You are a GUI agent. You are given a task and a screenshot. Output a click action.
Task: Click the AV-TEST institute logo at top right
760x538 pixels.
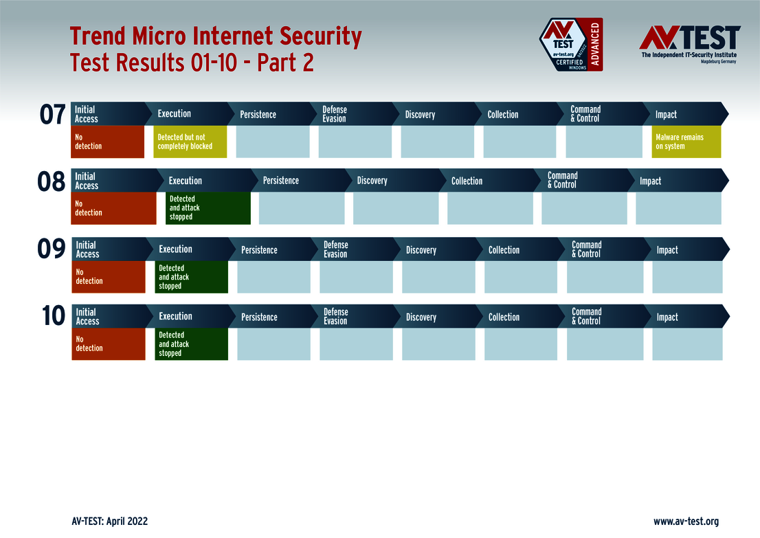coord(689,43)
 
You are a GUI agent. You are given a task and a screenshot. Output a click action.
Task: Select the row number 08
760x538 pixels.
coord(51,182)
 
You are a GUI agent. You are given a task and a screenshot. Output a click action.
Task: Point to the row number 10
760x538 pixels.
coord(53,317)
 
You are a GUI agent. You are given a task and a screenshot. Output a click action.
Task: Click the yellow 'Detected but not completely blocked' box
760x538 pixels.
coord(190,142)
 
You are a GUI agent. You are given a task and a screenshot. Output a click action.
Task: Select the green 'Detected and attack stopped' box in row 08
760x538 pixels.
coord(208,208)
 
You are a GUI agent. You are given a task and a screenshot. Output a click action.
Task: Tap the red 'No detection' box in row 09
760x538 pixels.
coord(109,277)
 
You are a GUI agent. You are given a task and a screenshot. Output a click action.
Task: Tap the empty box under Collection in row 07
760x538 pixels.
coord(519,142)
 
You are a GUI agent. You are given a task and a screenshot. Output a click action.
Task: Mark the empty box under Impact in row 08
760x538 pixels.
coord(678,208)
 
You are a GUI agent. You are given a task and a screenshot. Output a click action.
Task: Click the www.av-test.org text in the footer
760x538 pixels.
coord(686,522)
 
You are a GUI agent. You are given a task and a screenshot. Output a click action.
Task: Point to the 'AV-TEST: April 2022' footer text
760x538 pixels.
coord(109,522)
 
